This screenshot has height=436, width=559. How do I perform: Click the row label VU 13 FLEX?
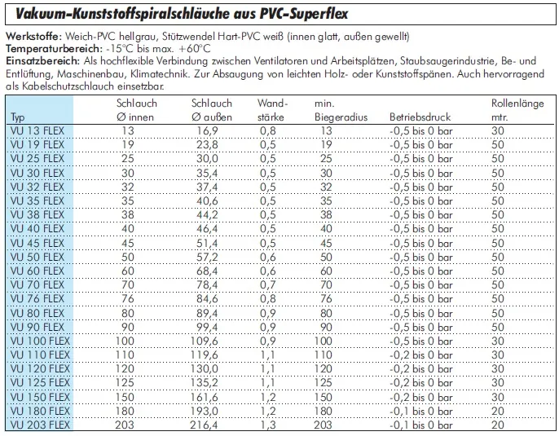(35, 130)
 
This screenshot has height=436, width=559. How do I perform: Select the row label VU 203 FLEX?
(38, 425)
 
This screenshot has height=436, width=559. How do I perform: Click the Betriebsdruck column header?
(421, 117)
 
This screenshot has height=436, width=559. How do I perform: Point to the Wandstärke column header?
(273, 110)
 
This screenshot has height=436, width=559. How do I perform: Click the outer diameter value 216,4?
(204, 425)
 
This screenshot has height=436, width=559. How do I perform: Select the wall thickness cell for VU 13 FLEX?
(266, 130)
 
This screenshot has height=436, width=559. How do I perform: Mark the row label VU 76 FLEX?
(35, 298)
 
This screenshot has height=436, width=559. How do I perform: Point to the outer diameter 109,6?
(204, 341)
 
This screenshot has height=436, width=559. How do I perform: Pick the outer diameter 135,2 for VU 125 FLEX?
(204, 382)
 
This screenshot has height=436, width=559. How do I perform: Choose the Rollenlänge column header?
(517, 110)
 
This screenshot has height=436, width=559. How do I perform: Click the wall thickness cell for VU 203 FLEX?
(266, 425)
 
